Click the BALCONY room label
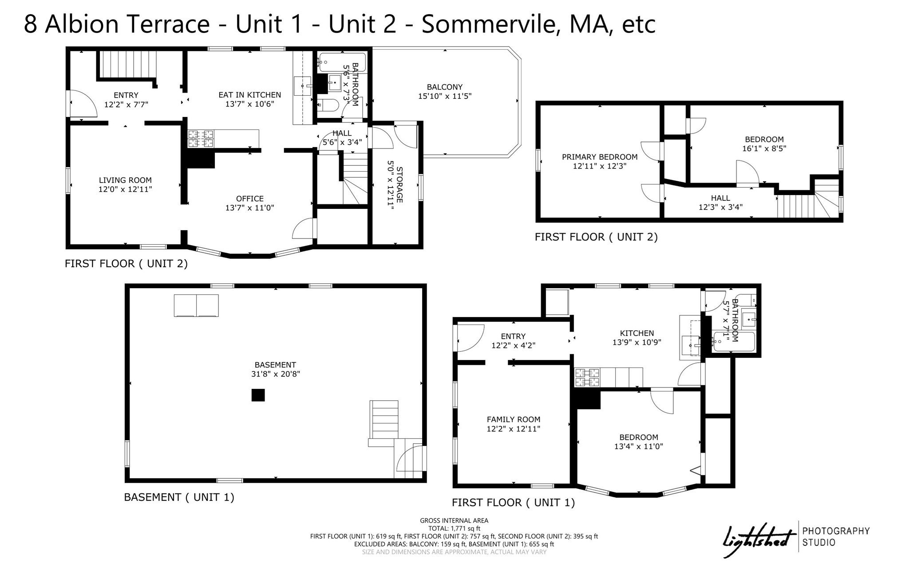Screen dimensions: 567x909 (x=444, y=87)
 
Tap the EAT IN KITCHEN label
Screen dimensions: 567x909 (x=249, y=95)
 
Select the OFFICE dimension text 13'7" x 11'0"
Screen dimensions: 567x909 (x=249, y=208)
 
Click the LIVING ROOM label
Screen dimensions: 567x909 (x=125, y=180)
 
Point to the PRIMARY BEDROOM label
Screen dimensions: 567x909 (x=599, y=157)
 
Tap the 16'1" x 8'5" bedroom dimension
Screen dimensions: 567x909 (x=764, y=149)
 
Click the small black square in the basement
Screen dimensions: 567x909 (x=258, y=395)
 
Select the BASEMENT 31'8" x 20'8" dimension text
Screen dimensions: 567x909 (x=275, y=374)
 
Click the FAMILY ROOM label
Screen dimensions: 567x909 (x=513, y=419)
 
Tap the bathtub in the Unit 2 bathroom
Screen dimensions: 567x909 (x=342, y=63)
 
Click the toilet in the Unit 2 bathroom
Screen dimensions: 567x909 (x=328, y=105)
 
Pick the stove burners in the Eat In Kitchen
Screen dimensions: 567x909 (x=201, y=138)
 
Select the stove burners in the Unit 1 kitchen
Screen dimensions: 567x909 (x=587, y=377)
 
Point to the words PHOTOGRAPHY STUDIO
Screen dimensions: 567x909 (x=835, y=536)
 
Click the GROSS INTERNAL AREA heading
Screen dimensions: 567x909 (x=454, y=520)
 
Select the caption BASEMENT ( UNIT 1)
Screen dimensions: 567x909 (x=179, y=497)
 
